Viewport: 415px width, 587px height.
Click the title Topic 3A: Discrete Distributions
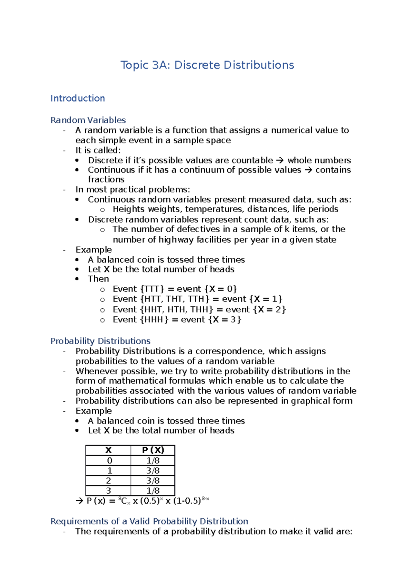pos(207,65)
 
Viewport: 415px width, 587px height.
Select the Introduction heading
pos(77,98)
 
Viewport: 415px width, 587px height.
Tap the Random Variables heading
pos(88,120)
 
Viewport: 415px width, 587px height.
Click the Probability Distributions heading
pos(100,341)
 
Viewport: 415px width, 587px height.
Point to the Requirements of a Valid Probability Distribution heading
pos(149,521)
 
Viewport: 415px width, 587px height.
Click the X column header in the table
pos(108,450)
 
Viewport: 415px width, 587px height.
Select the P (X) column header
pos(153,450)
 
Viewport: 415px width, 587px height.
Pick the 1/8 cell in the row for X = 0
pos(153,460)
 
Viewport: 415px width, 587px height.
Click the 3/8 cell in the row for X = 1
pos(153,470)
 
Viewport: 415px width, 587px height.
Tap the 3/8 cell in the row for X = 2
pos(153,481)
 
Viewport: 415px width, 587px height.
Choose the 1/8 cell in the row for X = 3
pos(153,491)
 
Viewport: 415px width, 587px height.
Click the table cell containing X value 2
pos(108,481)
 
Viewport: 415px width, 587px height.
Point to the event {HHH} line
pos(177,319)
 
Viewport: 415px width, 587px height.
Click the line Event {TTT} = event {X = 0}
pos(175,289)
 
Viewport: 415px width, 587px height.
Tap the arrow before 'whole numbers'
pos(280,160)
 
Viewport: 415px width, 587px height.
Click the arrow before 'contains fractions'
pos(308,170)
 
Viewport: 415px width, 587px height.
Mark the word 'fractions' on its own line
pos(106,179)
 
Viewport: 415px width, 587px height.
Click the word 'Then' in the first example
pos(98,279)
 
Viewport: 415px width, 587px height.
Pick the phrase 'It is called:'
pos(98,150)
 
